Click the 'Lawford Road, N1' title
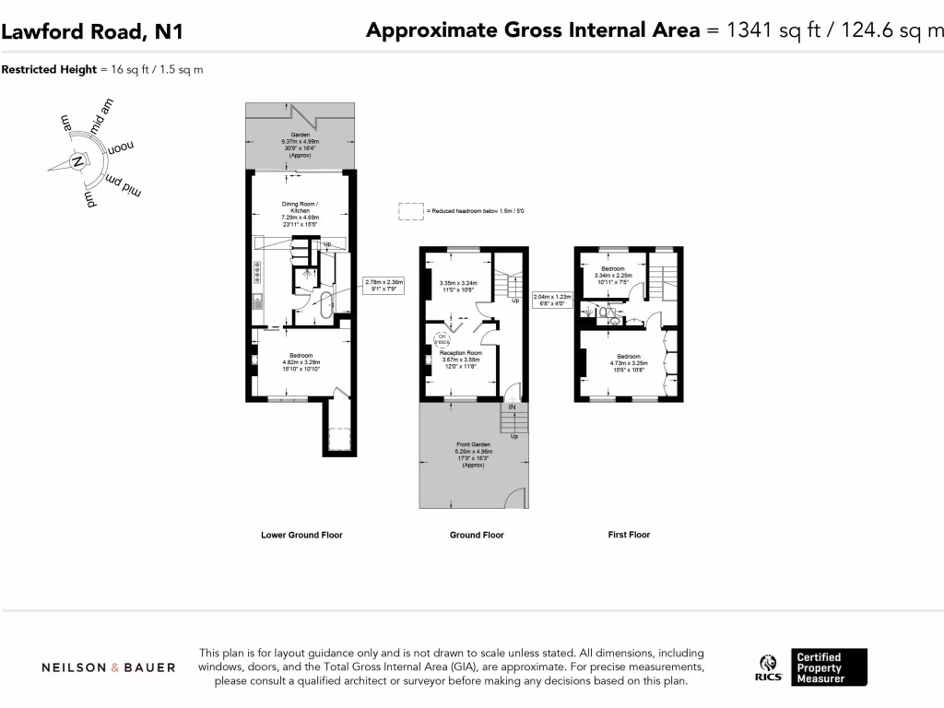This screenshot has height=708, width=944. [x=92, y=31]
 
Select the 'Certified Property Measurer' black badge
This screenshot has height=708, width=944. [x=830, y=667]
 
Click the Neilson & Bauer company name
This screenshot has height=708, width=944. [x=109, y=667]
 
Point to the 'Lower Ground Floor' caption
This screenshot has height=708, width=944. [x=301, y=535]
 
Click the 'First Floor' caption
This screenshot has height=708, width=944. [x=629, y=535]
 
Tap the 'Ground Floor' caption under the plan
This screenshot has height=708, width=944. [x=477, y=535]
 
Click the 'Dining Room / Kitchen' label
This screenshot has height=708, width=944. [x=299, y=207]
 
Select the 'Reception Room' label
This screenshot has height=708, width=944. [x=461, y=353]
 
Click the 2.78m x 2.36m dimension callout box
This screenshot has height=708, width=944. [x=384, y=286]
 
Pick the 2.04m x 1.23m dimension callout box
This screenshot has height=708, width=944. [x=553, y=300]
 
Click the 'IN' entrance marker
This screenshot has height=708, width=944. [x=512, y=407]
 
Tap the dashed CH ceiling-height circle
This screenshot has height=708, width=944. [x=442, y=340]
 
